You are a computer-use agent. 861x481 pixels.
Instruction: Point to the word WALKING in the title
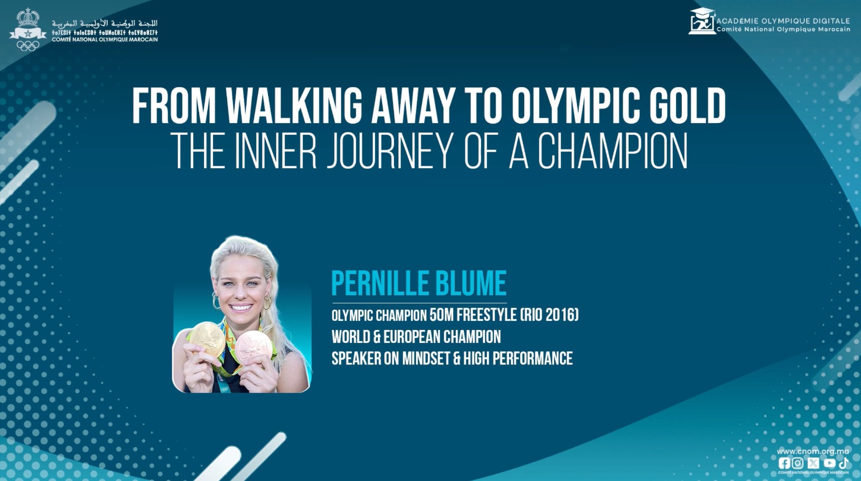[294, 106]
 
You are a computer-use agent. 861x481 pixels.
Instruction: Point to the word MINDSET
[426, 358]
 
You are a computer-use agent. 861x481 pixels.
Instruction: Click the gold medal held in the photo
[207, 339]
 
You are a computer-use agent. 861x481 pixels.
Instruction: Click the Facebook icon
[784, 463]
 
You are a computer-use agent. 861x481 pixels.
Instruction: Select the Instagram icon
[798, 463]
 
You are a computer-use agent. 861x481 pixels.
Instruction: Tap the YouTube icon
[829, 463]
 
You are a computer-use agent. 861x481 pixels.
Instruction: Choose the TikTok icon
[843, 463]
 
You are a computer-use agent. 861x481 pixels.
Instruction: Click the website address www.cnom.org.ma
[813, 451]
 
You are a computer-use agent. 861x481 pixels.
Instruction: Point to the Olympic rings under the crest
[27, 46]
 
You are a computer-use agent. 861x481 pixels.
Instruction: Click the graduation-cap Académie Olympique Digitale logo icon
[702, 22]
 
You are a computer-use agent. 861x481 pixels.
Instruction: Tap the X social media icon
[813, 463]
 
